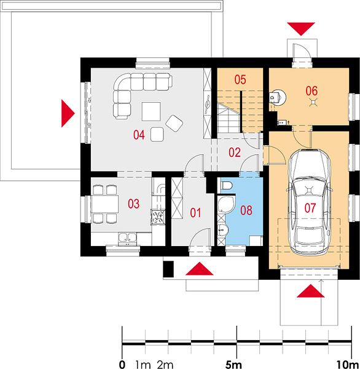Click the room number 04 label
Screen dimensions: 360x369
[x=139, y=135]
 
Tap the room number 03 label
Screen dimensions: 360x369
[x=133, y=204]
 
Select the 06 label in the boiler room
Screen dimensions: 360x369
[x=311, y=91]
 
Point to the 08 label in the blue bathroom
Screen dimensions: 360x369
[x=246, y=210]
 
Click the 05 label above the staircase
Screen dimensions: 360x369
[x=240, y=79]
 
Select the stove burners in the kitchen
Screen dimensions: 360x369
[x=157, y=216]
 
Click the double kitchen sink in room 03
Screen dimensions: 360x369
[x=127, y=237]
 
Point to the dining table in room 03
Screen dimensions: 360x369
[x=105, y=204]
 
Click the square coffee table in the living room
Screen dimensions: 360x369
[x=151, y=111]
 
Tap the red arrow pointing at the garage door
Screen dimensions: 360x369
[x=310, y=291]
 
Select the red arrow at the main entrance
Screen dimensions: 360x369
[x=200, y=269]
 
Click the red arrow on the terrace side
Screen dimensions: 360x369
[x=68, y=113]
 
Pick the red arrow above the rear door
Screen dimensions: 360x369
[x=301, y=29]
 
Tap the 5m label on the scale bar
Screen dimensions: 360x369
[x=233, y=365]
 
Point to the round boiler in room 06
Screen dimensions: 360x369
[x=278, y=97]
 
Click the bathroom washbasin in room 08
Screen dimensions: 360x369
[x=222, y=229]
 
